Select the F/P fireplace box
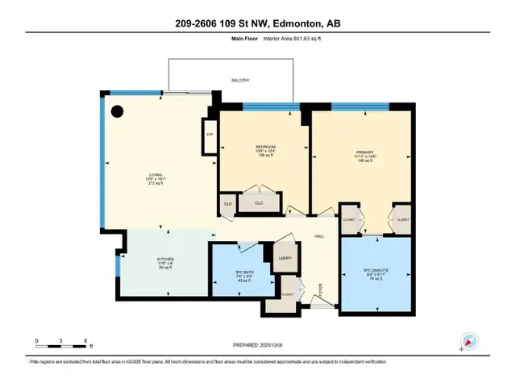209,135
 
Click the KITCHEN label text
165,260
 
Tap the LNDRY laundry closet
285,257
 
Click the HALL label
318,235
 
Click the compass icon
467,342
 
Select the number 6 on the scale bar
85,341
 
